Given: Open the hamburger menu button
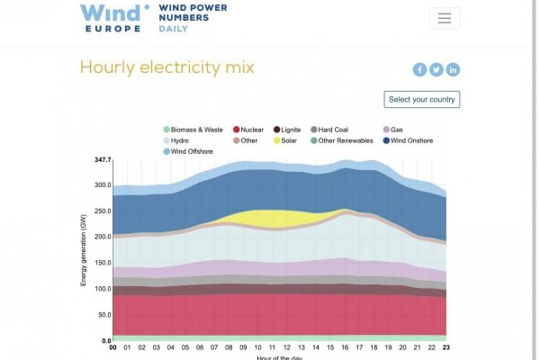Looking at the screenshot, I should [x=444, y=18].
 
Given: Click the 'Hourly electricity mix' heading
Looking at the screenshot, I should [x=166, y=67].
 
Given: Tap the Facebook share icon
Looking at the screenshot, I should [x=419, y=69].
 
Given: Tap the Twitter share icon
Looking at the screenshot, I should [x=436, y=69].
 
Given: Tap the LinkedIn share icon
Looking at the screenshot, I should [x=453, y=69].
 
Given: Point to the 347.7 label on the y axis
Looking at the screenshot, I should [x=102, y=160].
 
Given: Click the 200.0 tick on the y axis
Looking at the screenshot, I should [x=101, y=237].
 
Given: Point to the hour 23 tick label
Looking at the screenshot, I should [x=445, y=346].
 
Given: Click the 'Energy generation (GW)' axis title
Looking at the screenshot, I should [x=83, y=250].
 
